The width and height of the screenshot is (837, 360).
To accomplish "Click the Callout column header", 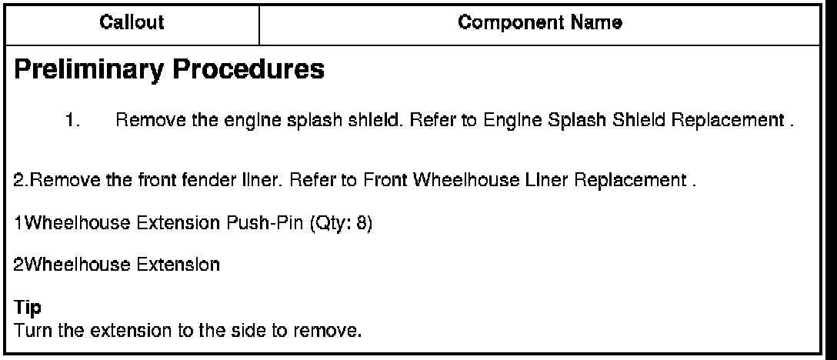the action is coord(132,23).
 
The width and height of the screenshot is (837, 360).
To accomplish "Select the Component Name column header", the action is coord(540,23).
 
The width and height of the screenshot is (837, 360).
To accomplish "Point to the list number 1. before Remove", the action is coord(74,121).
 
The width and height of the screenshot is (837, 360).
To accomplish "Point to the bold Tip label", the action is coord(24,308).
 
